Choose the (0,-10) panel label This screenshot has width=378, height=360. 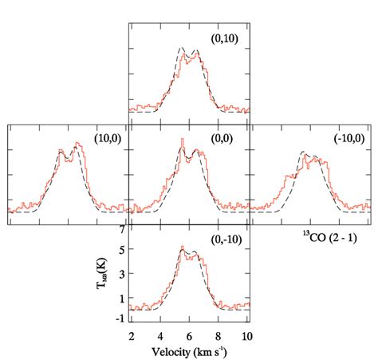click(x=224, y=239)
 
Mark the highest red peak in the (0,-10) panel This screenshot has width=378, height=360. click(x=182, y=247)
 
